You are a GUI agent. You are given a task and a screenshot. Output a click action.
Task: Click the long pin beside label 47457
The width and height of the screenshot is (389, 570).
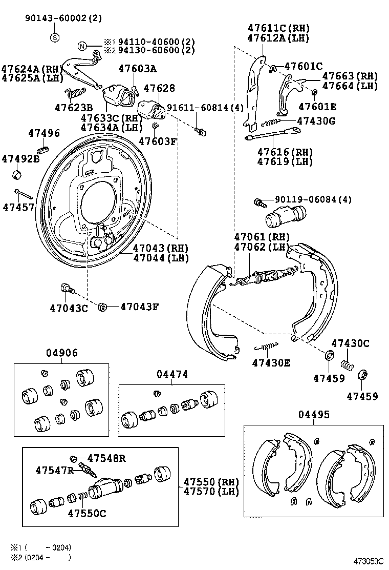pyautogui.click(x=24, y=194)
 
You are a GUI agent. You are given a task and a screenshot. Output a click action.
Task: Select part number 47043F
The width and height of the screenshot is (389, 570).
pyautogui.click(x=139, y=307)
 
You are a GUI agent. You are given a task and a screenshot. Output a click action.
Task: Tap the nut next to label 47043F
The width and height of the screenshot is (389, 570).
pyautogui.click(x=101, y=307)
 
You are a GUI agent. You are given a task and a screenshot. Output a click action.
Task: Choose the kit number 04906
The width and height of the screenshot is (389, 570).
pyautogui.click(x=62, y=353)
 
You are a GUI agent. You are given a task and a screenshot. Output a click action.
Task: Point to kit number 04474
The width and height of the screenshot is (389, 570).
pyautogui.click(x=172, y=375)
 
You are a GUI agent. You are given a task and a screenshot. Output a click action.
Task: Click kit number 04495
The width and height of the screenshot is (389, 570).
pyautogui.click(x=314, y=415)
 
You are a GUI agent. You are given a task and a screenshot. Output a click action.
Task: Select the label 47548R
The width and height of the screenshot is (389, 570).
pyautogui.click(x=106, y=458)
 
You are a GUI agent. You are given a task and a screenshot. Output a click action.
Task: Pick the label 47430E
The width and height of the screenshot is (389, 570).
pyautogui.click(x=271, y=363)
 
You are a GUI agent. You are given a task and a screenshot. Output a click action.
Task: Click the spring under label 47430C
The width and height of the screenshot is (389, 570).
pyautogui.click(x=348, y=365)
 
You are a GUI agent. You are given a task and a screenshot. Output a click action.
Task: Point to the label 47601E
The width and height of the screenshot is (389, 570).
pyautogui.click(x=317, y=107)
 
